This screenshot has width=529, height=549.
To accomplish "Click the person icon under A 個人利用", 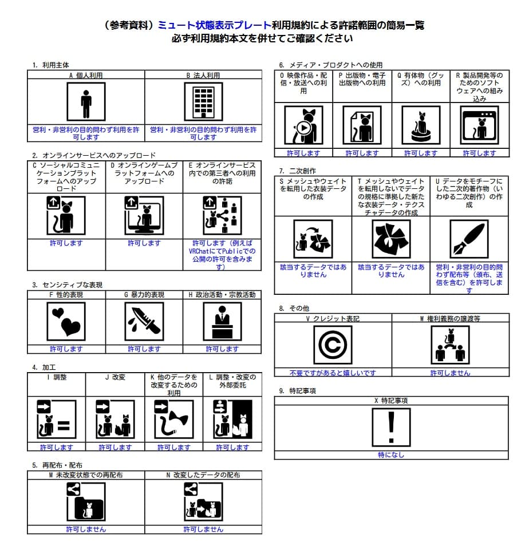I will [86, 102].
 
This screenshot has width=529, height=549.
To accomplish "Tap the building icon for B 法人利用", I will [203, 102].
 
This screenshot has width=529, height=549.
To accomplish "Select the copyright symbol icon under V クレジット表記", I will [333, 345].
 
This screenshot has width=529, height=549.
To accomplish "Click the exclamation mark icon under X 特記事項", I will [391, 427].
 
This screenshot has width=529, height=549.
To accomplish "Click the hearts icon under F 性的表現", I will [66, 321].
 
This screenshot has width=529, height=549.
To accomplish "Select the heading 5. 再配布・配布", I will [57, 465].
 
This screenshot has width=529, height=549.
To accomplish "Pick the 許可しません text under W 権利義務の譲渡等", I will [450, 373].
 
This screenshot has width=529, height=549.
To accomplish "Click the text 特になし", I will [391, 455].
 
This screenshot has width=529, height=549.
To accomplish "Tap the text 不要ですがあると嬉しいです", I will [333, 373].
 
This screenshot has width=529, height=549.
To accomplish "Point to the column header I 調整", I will [56, 378].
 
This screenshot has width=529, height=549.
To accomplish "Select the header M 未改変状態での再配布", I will [86, 475].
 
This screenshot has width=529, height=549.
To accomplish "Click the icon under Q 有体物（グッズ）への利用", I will [421, 125].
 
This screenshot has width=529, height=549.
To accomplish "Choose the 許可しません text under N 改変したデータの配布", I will [203, 530].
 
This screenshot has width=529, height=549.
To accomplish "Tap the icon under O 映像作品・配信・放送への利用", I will [303, 125].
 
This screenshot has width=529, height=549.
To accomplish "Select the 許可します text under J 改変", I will [115, 447].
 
